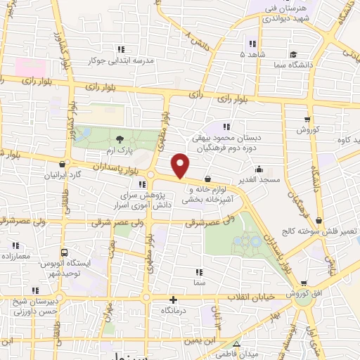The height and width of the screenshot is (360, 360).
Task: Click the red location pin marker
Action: (x=181, y=165)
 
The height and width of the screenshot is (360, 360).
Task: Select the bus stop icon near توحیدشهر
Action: (x=65, y=252)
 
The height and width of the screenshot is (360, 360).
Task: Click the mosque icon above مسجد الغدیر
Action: (x=259, y=169)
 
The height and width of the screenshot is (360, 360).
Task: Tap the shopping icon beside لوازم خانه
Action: (x=207, y=179)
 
